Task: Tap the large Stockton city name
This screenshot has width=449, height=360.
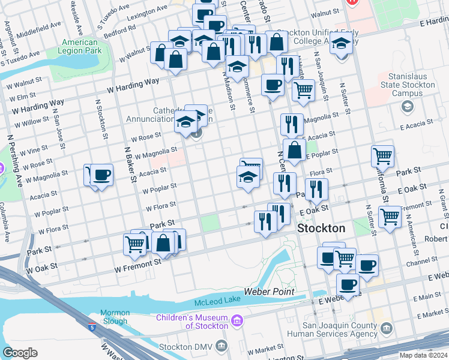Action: [x=322, y=229]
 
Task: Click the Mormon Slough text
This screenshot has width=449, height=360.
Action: [x=114, y=317]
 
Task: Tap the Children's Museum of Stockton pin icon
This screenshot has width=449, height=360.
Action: [x=237, y=322]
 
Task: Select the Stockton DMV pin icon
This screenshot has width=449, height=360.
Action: [x=221, y=346]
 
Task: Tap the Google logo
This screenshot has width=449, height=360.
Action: [x=20, y=352]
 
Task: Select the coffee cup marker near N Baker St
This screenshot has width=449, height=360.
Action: [x=102, y=175]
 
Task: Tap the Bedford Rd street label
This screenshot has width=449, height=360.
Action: [x=123, y=30]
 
